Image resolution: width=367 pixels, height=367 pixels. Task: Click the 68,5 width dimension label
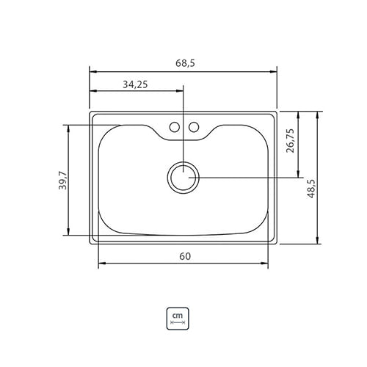185,63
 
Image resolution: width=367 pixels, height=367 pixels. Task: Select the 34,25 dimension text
135,84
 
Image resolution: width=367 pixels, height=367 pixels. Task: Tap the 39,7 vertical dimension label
62,181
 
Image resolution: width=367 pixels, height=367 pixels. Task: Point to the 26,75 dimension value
290,140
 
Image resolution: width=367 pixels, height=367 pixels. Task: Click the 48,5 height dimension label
311,189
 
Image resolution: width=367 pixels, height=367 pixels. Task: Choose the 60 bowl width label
185,256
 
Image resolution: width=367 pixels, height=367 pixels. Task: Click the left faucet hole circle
175,127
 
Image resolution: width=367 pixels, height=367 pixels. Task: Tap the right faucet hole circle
194,127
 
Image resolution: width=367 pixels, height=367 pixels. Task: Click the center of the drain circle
183,178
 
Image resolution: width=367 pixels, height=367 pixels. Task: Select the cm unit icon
178,319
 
